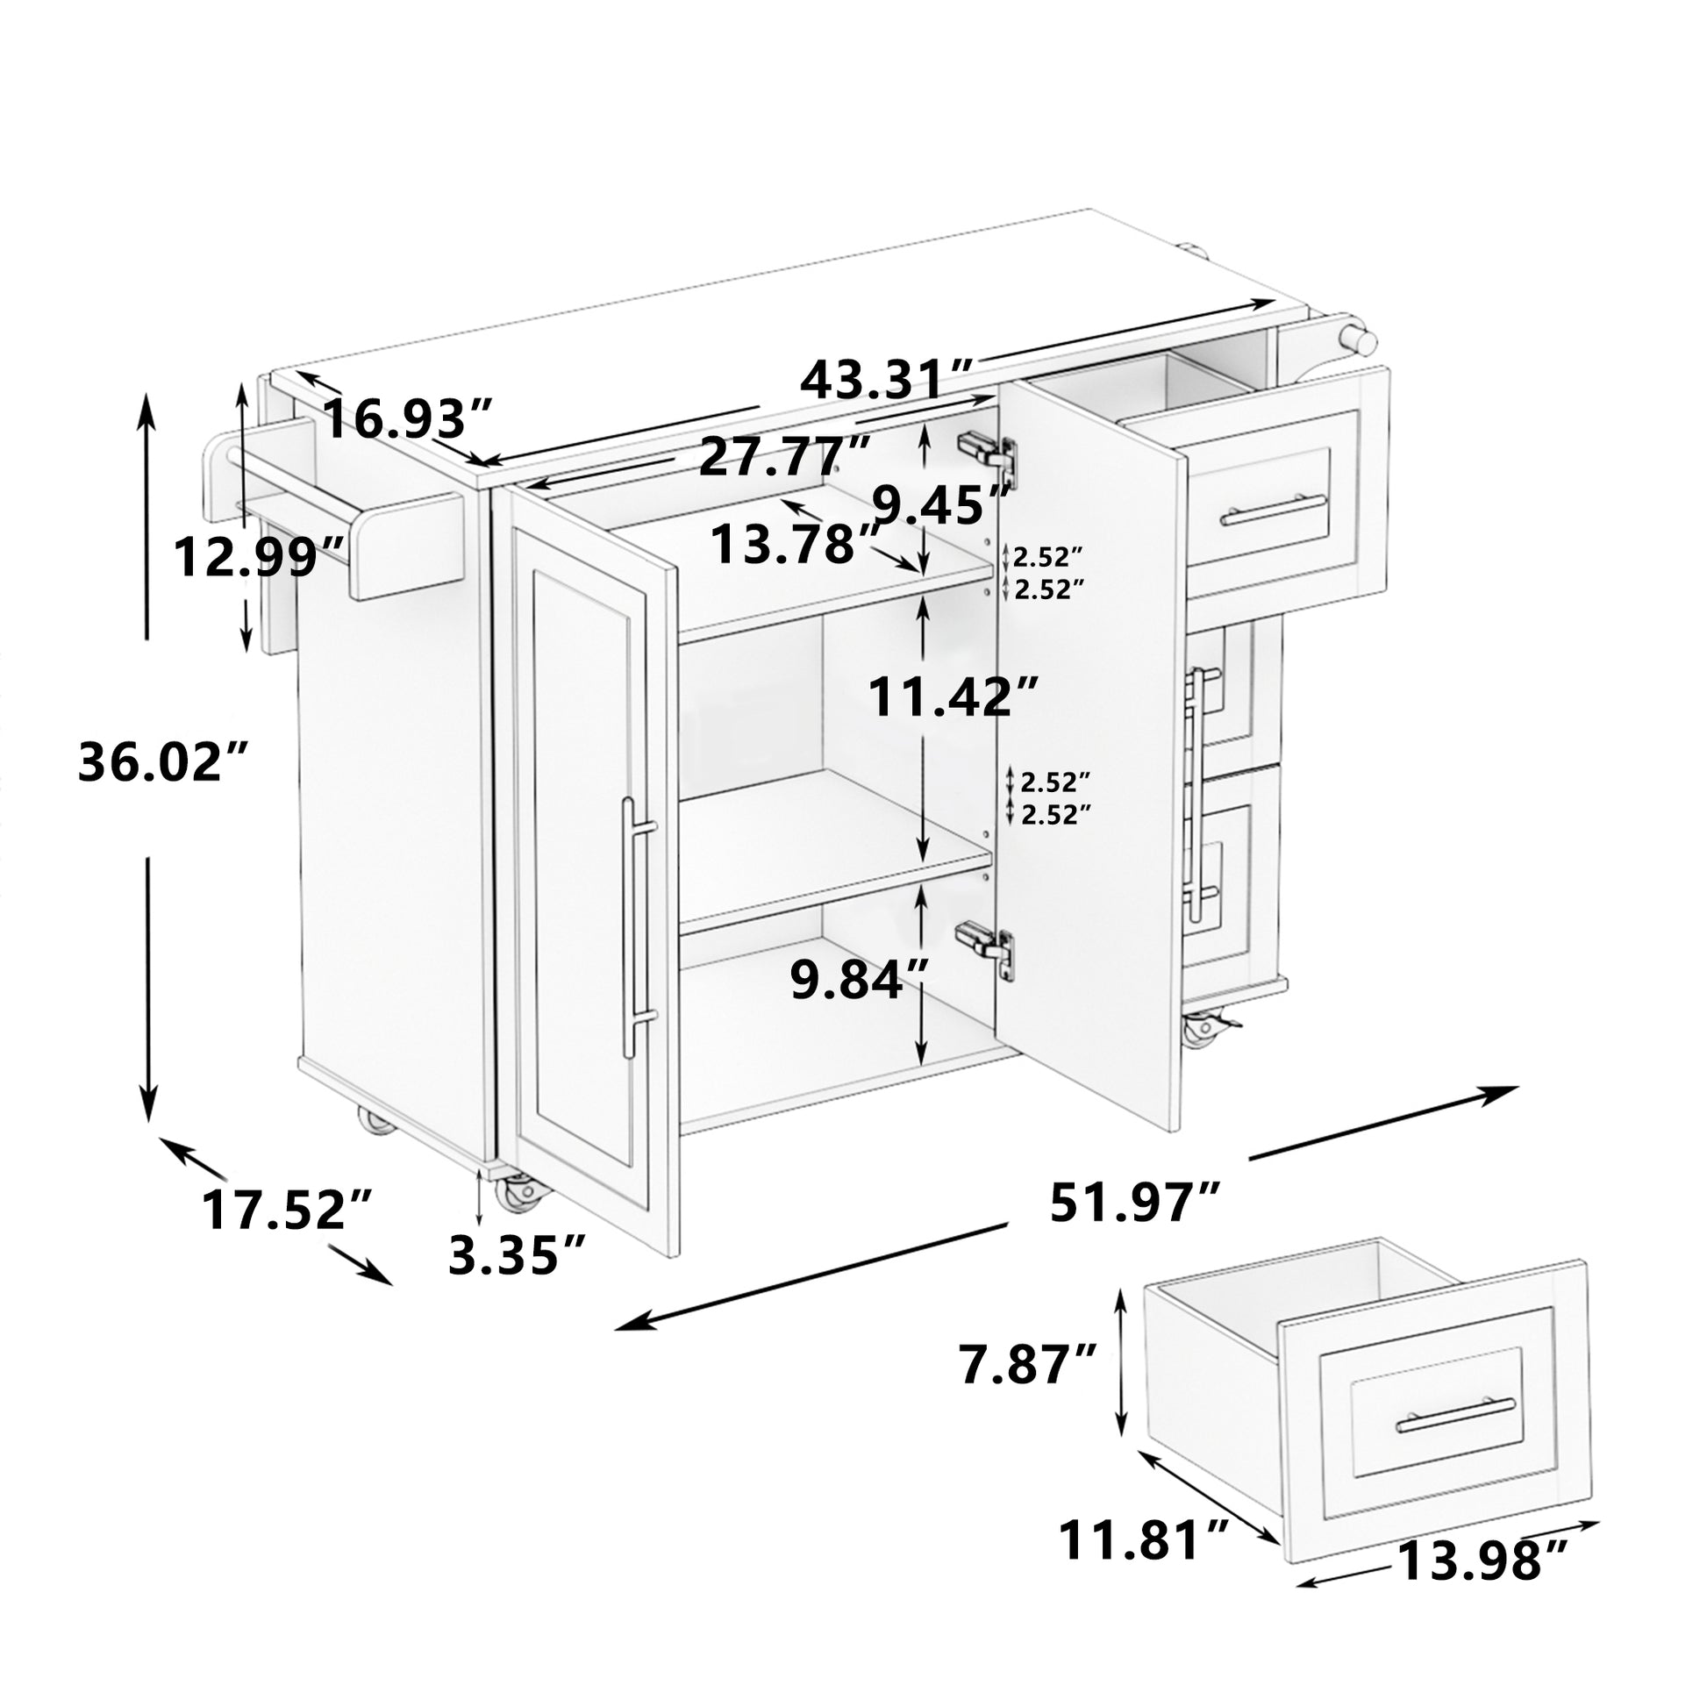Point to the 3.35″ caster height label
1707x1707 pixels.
tap(517, 1254)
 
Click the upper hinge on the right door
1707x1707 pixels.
tap(990, 453)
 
